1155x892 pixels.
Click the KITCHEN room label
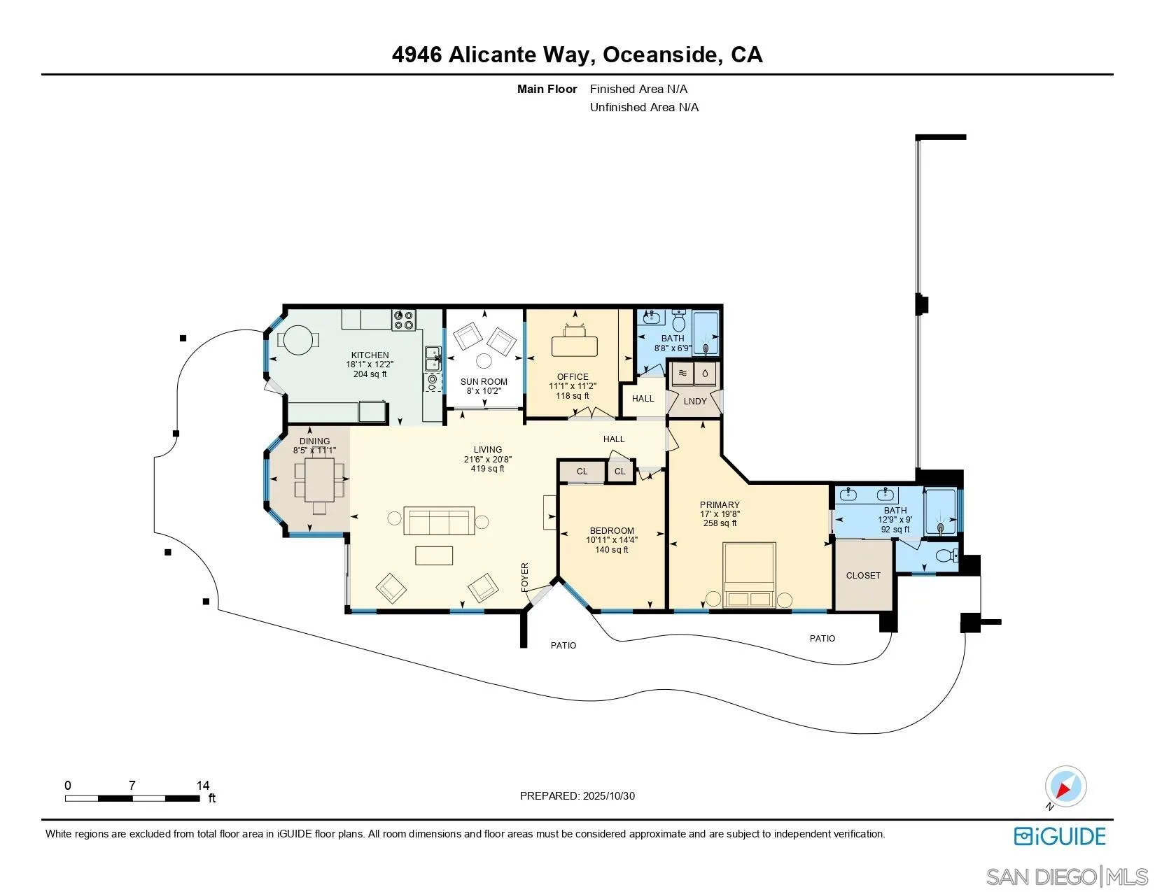coord(370,355)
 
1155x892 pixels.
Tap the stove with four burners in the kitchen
coord(404,321)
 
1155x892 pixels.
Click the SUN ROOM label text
coord(484,382)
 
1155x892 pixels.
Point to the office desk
coord(575,346)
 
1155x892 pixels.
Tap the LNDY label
coord(695,402)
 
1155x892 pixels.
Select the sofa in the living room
coord(440,521)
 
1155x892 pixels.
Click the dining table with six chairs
coord(319,479)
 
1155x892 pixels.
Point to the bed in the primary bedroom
coord(749,574)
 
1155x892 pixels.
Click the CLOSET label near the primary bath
coord(863,576)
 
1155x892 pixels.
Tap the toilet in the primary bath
coord(946,556)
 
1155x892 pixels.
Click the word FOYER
coord(525,577)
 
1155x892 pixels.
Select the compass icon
coord(1065,787)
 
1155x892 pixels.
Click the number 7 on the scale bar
coord(132,786)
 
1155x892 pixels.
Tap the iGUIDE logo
coord(1060,837)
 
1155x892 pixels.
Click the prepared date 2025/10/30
coord(609,796)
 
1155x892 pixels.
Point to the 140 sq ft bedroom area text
coord(612,550)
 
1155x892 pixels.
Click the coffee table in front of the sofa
coord(434,555)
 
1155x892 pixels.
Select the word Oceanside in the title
coord(660,55)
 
